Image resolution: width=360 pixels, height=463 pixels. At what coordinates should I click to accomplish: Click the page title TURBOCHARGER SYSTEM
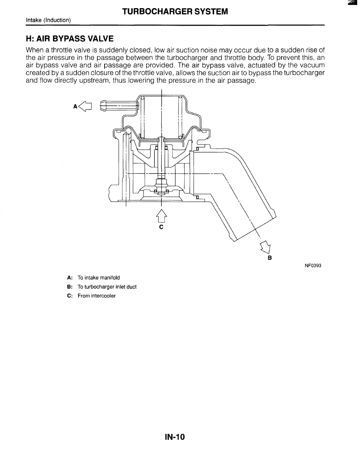click(x=175, y=12)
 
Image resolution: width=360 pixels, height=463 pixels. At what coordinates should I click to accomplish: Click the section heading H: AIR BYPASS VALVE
click(x=70, y=38)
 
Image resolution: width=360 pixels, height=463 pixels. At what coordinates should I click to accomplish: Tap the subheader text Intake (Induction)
click(x=48, y=20)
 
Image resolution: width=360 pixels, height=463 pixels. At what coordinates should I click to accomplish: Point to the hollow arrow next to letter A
click(x=85, y=105)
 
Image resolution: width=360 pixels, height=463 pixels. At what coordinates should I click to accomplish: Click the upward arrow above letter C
click(x=161, y=215)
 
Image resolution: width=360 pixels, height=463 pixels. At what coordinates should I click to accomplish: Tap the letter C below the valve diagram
click(x=161, y=226)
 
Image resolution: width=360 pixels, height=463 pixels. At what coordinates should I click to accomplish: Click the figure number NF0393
click(x=313, y=266)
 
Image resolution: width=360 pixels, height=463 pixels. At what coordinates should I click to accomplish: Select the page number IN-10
click(x=175, y=437)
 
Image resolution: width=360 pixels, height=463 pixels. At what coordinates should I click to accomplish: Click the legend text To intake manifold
click(x=99, y=278)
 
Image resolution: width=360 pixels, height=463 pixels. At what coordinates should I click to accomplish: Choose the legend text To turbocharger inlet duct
click(x=107, y=287)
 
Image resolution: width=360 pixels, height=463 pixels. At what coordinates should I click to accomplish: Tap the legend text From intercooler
click(x=96, y=296)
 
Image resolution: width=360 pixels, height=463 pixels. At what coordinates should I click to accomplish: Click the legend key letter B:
click(x=70, y=287)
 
